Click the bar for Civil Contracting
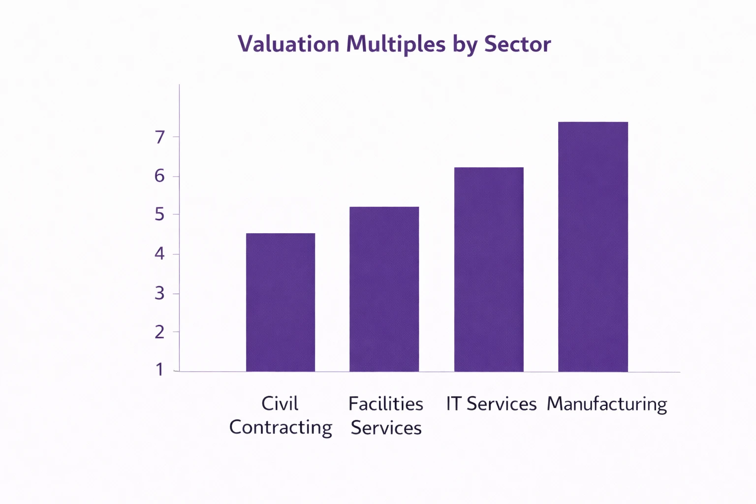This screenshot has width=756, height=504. [x=281, y=302]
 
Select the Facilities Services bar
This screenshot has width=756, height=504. [x=384, y=289]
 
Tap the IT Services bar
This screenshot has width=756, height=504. [x=489, y=269]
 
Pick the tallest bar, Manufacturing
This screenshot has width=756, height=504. [x=593, y=247]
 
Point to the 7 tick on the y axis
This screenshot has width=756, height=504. [x=159, y=137]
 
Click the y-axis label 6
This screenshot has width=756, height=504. [x=159, y=176]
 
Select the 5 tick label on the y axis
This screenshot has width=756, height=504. [x=159, y=215]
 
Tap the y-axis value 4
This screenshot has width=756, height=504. [x=159, y=254]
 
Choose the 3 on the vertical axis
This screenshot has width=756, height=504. [x=159, y=293]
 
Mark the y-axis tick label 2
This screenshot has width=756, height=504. [x=159, y=332]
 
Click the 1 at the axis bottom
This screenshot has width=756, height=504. [x=159, y=370]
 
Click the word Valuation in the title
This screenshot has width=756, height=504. [x=289, y=44]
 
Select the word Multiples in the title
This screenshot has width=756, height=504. [x=396, y=45]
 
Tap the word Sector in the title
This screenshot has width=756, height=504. [x=517, y=44]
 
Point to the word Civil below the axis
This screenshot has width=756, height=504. [x=280, y=404]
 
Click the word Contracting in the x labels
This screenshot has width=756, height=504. [x=281, y=427]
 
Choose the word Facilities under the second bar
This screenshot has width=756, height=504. [x=385, y=404]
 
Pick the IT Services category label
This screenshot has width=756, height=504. [x=491, y=404]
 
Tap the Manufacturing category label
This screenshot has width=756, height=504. [x=607, y=404]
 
